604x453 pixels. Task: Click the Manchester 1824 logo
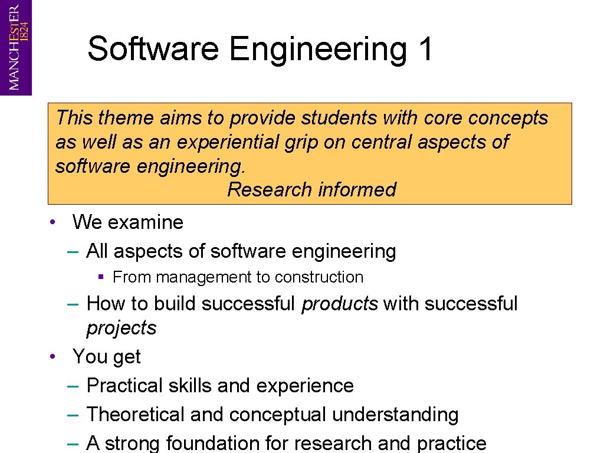(16, 47)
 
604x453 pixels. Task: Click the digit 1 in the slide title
(425, 48)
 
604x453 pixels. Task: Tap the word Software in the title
(153, 48)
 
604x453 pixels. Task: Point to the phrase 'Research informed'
(311, 190)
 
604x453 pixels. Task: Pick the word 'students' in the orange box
(339, 118)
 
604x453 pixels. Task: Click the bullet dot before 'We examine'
(53, 222)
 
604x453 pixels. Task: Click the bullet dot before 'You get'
(53, 357)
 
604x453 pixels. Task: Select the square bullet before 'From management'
(101, 277)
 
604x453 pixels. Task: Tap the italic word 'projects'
(122, 329)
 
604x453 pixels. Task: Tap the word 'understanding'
(395, 415)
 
